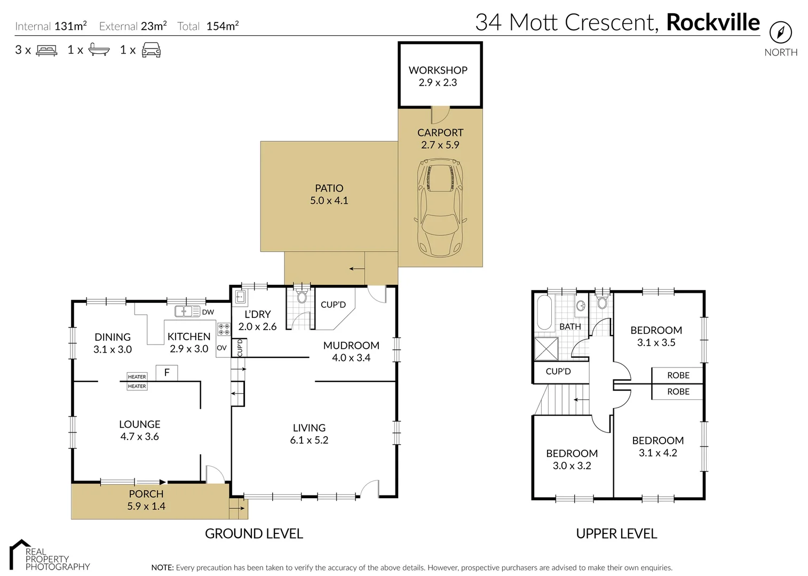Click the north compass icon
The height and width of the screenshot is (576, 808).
pyautogui.click(x=780, y=33)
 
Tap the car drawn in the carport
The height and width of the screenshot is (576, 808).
pyautogui.click(x=440, y=210)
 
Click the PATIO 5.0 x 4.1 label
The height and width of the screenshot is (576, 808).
pyautogui.click(x=329, y=194)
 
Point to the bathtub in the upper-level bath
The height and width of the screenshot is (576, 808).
pyautogui.click(x=544, y=312)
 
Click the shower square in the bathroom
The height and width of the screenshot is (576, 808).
pyautogui.click(x=546, y=349)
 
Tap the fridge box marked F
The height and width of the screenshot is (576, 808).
pyautogui.click(x=167, y=372)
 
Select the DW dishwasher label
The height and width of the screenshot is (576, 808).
pyautogui.click(x=208, y=312)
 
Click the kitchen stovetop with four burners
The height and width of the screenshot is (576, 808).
pyautogui.click(x=224, y=329)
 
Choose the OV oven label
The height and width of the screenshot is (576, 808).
pyautogui.click(x=221, y=348)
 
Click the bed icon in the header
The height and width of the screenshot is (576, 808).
pyautogui.click(x=46, y=51)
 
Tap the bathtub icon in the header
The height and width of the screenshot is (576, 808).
pyautogui.click(x=99, y=50)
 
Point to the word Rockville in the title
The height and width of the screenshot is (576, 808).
pyautogui.click(x=712, y=22)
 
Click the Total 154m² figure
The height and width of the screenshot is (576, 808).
pyautogui.click(x=208, y=26)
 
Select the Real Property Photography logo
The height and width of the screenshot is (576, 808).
pyautogui.click(x=49, y=556)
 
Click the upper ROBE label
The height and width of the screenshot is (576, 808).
pyautogui.click(x=678, y=375)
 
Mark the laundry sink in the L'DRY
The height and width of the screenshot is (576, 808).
pyautogui.click(x=240, y=297)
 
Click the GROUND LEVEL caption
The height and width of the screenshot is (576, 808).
pyautogui.click(x=254, y=533)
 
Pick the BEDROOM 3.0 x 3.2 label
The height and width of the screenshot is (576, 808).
pyautogui.click(x=572, y=459)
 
